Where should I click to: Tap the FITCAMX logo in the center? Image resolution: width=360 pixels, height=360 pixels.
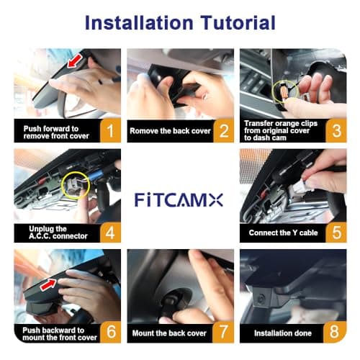pos(180,199)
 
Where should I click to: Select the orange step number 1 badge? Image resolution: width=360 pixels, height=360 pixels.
pos(109,131)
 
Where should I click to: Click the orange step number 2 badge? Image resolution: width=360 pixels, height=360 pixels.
pos(223,131)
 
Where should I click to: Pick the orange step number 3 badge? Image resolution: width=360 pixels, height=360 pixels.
pos(335,131)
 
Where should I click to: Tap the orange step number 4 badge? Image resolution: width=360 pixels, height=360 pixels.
pos(109,232)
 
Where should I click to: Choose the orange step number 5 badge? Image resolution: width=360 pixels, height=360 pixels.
pos(335,232)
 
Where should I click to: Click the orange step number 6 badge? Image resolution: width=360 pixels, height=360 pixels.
pos(109,333)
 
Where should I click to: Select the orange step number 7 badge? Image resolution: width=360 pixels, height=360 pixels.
pos(223,333)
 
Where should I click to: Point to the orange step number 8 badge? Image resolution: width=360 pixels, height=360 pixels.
pos(335,333)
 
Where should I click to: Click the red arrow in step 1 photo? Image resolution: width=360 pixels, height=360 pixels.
pos(72,66)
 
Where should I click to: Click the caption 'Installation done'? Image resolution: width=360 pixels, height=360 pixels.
pos(282,334)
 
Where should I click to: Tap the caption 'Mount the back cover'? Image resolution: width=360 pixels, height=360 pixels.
pos(169,334)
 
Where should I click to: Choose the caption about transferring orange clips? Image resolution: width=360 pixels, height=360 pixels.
pos(277,130)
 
